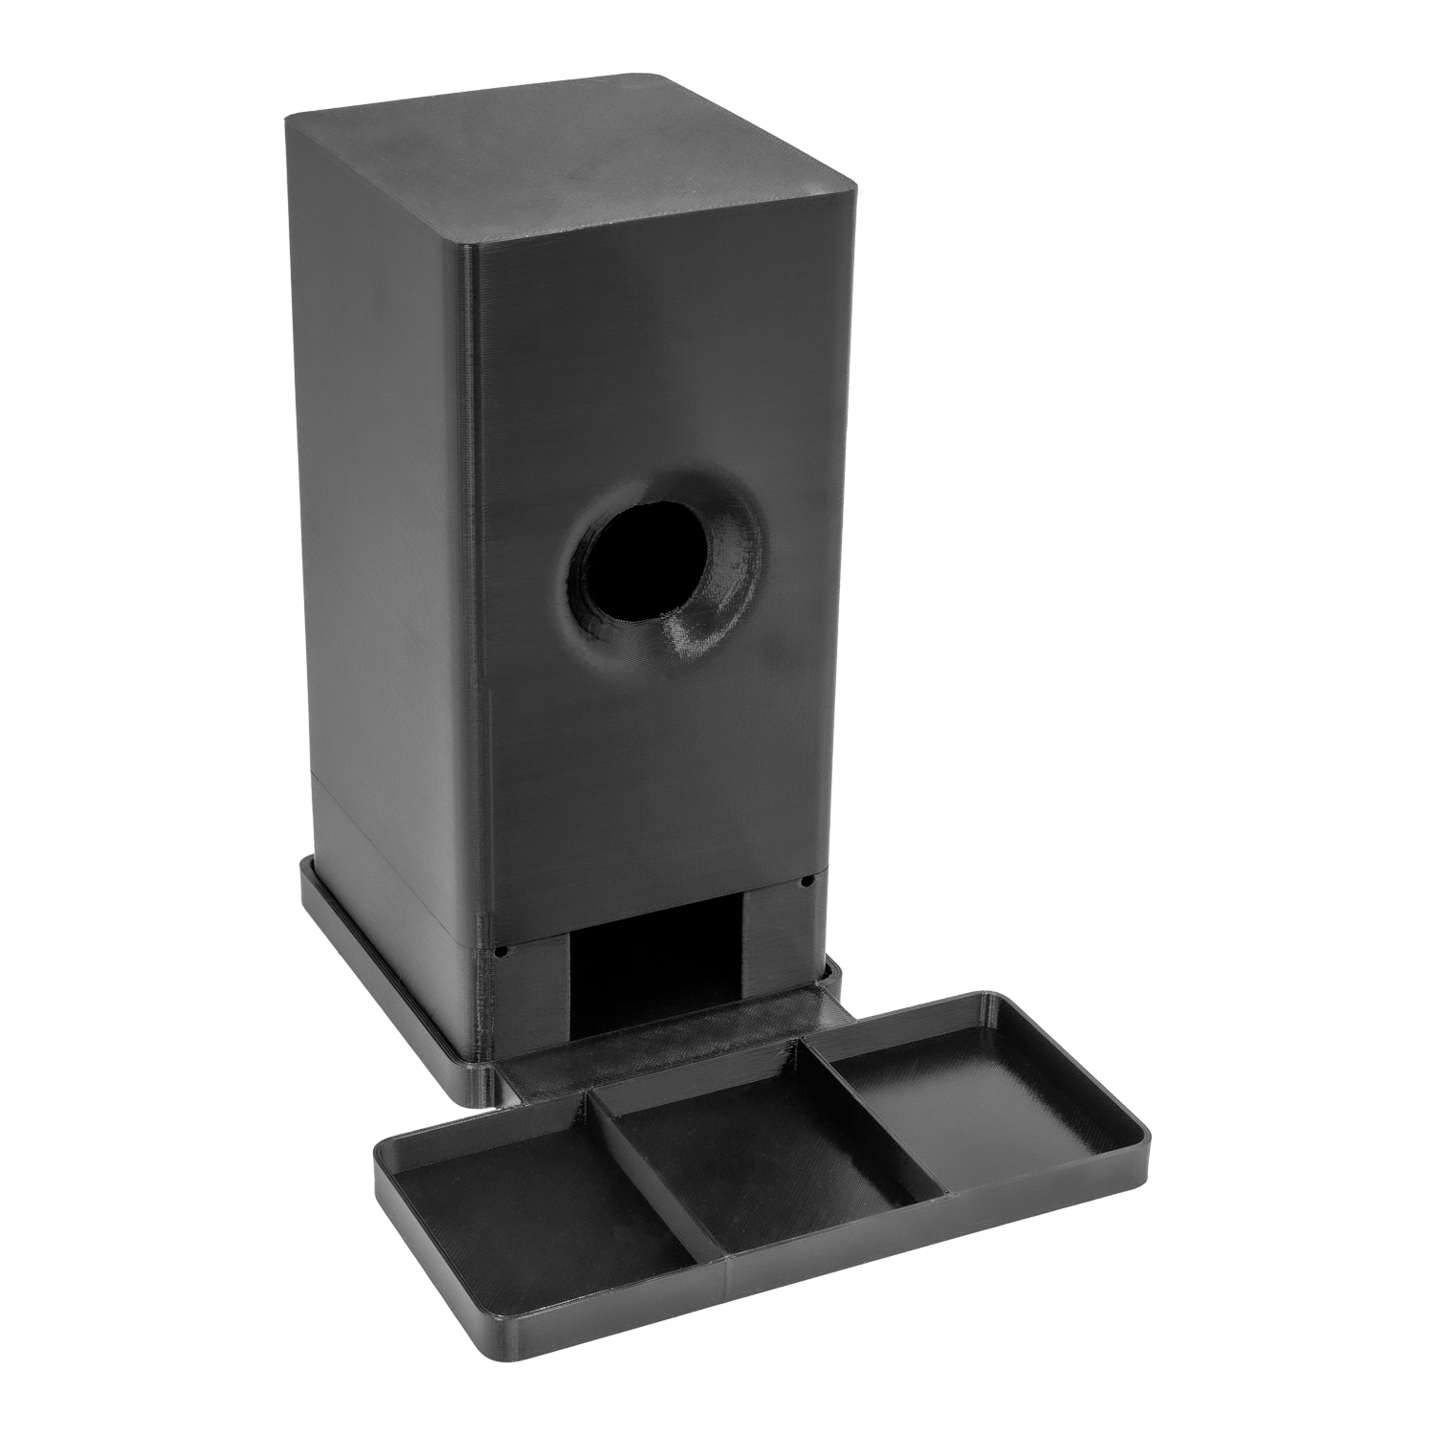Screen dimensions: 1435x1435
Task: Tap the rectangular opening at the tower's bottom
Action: [655, 966]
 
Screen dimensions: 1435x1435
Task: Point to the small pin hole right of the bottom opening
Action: [808, 879]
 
